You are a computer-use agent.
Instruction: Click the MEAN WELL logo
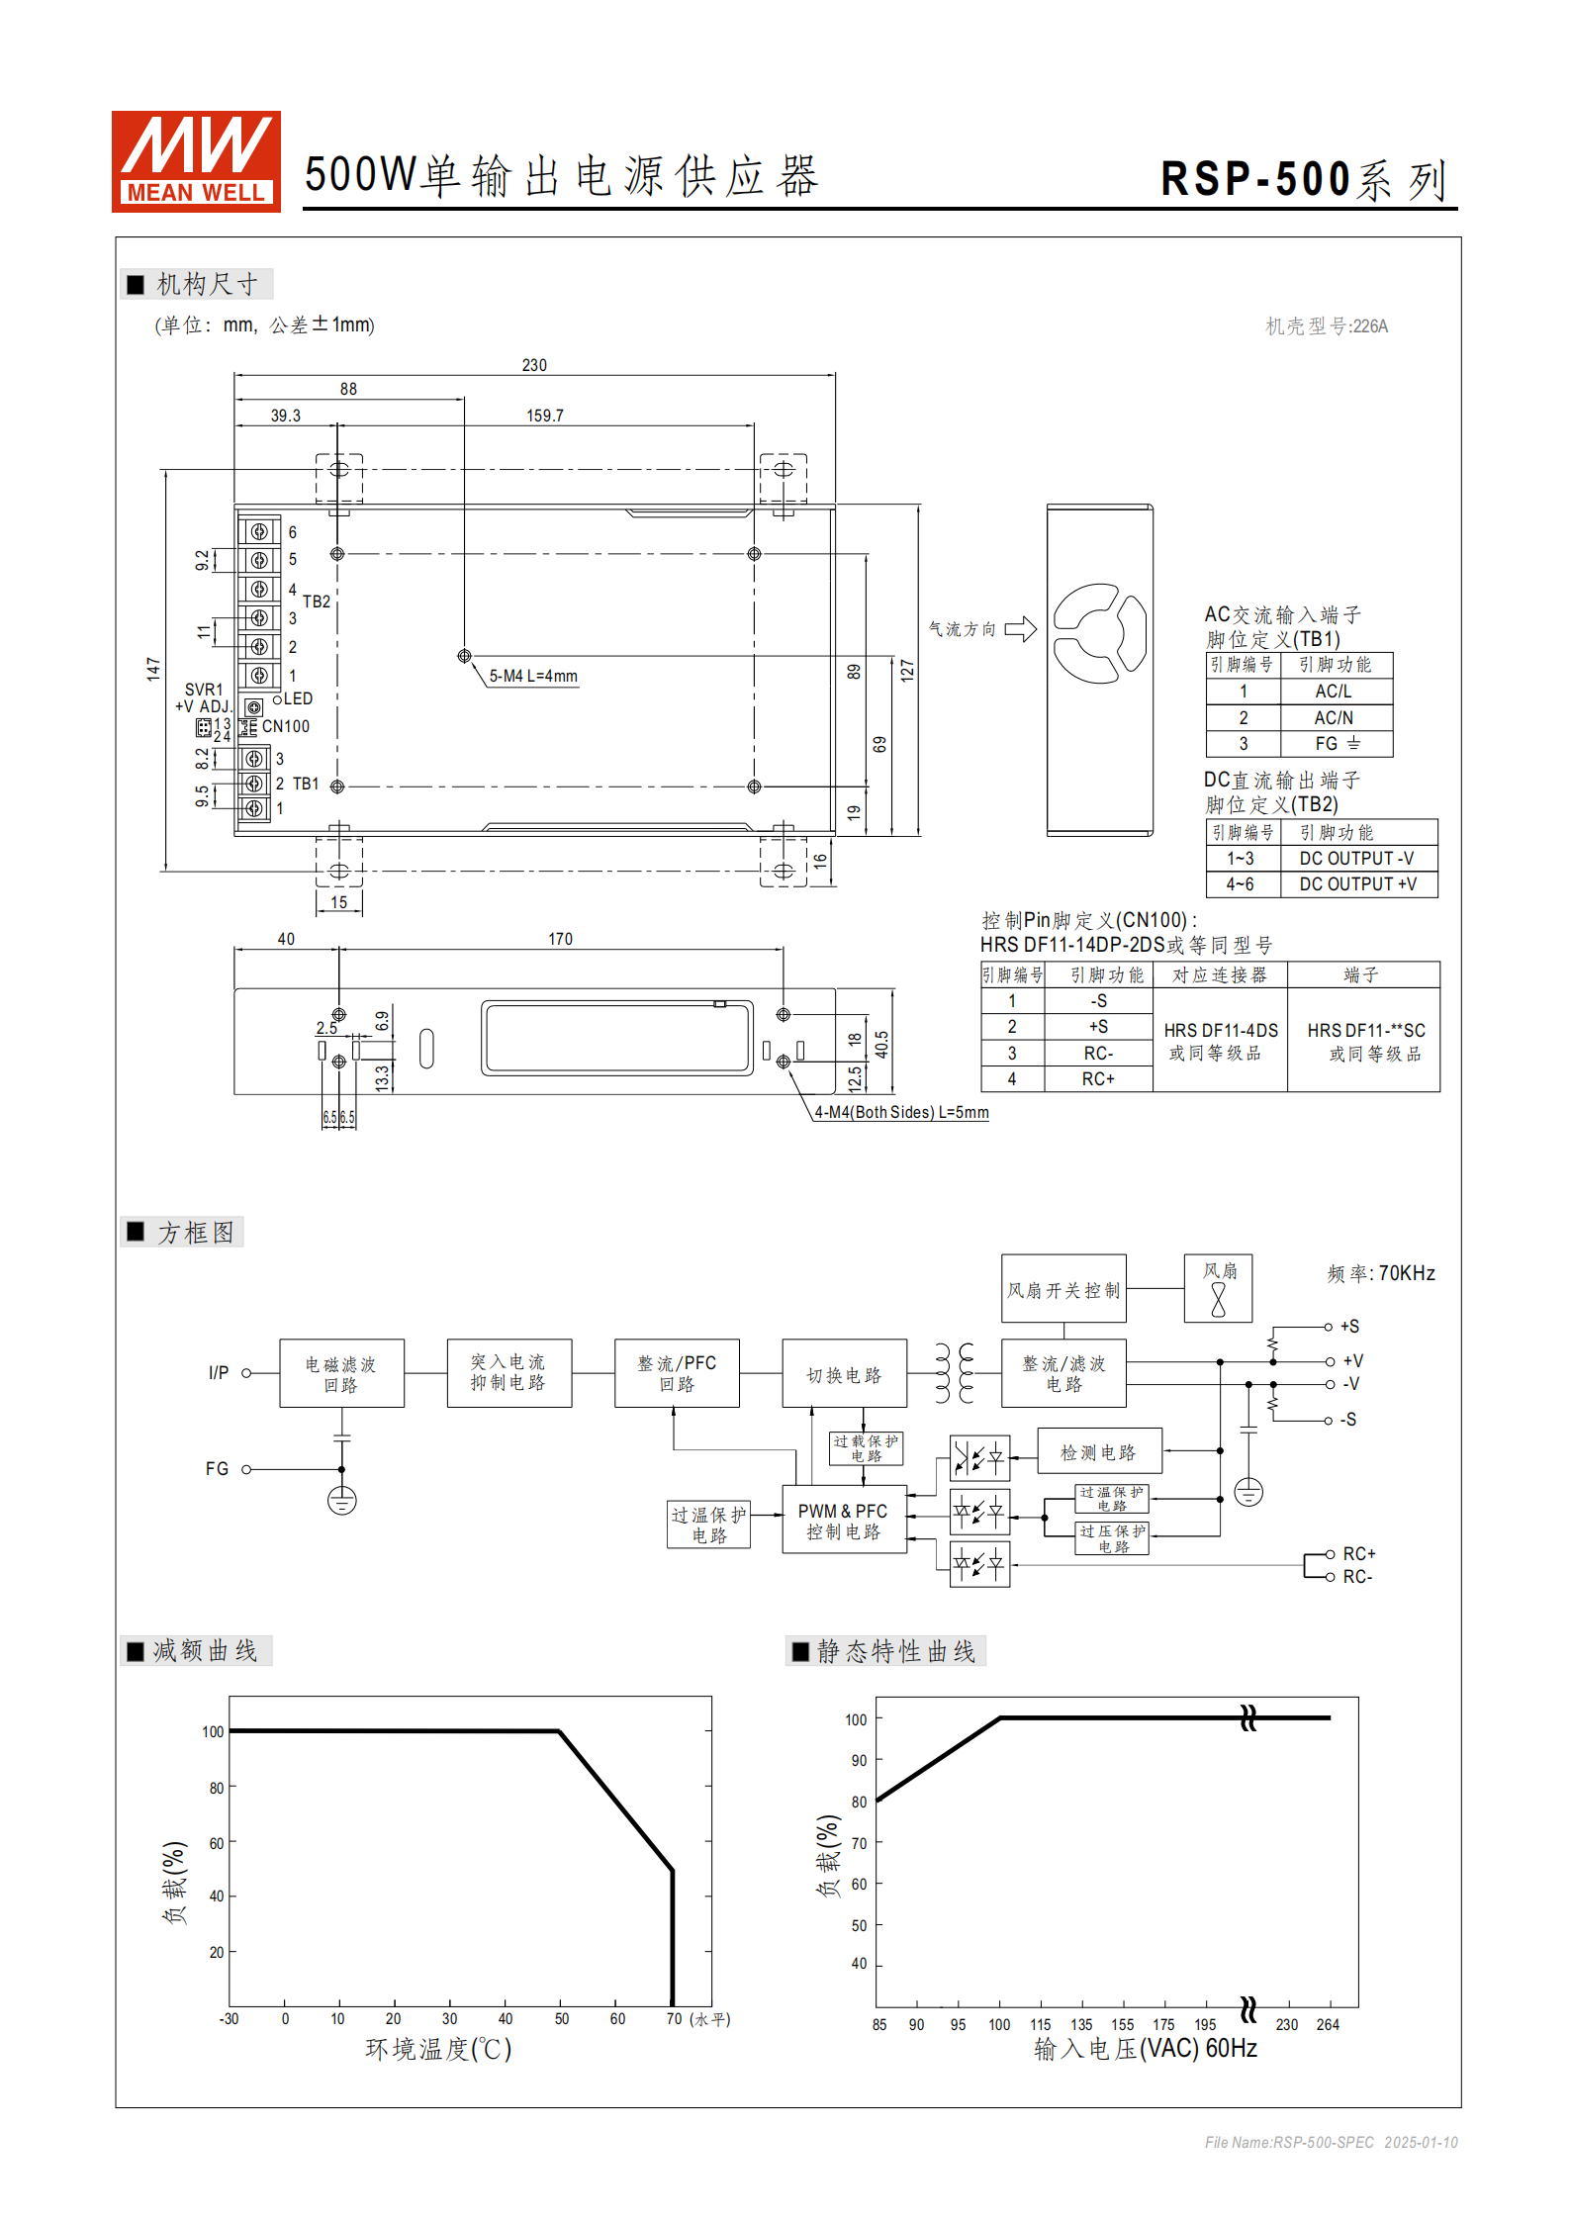pyautogui.click(x=196, y=161)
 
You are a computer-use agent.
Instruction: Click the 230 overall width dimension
pyautogui.click(x=534, y=365)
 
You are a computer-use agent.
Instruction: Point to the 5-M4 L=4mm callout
pyautogui.click(x=533, y=677)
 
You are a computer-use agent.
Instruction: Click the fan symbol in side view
pyautogui.click(x=1099, y=633)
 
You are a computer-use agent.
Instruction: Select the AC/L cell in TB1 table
pyautogui.click(x=1334, y=692)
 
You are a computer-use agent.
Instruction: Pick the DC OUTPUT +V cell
pyautogui.click(x=1357, y=884)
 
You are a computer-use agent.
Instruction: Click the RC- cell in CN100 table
pyautogui.click(x=1098, y=1054)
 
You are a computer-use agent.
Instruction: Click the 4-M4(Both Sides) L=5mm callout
pyautogui.click(x=901, y=1113)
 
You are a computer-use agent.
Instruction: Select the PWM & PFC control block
pyautogui.click(x=843, y=1521)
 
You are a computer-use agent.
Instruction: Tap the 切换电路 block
pyautogui.click(x=844, y=1375)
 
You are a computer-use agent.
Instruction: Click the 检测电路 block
pyautogui.click(x=1098, y=1452)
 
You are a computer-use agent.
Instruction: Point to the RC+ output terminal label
pyautogui.click(x=1359, y=1554)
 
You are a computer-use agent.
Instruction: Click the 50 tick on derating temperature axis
pyautogui.click(x=562, y=2019)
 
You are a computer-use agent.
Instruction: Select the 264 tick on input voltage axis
pyautogui.click(x=1328, y=2025)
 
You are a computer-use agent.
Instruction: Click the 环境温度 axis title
pyautogui.click(x=438, y=2049)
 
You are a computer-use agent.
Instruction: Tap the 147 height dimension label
pyautogui.click(x=153, y=669)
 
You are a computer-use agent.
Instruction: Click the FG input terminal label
pyautogui.click(x=217, y=1469)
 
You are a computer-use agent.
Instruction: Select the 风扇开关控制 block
pyautogui.click(x=1063, y=1290)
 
